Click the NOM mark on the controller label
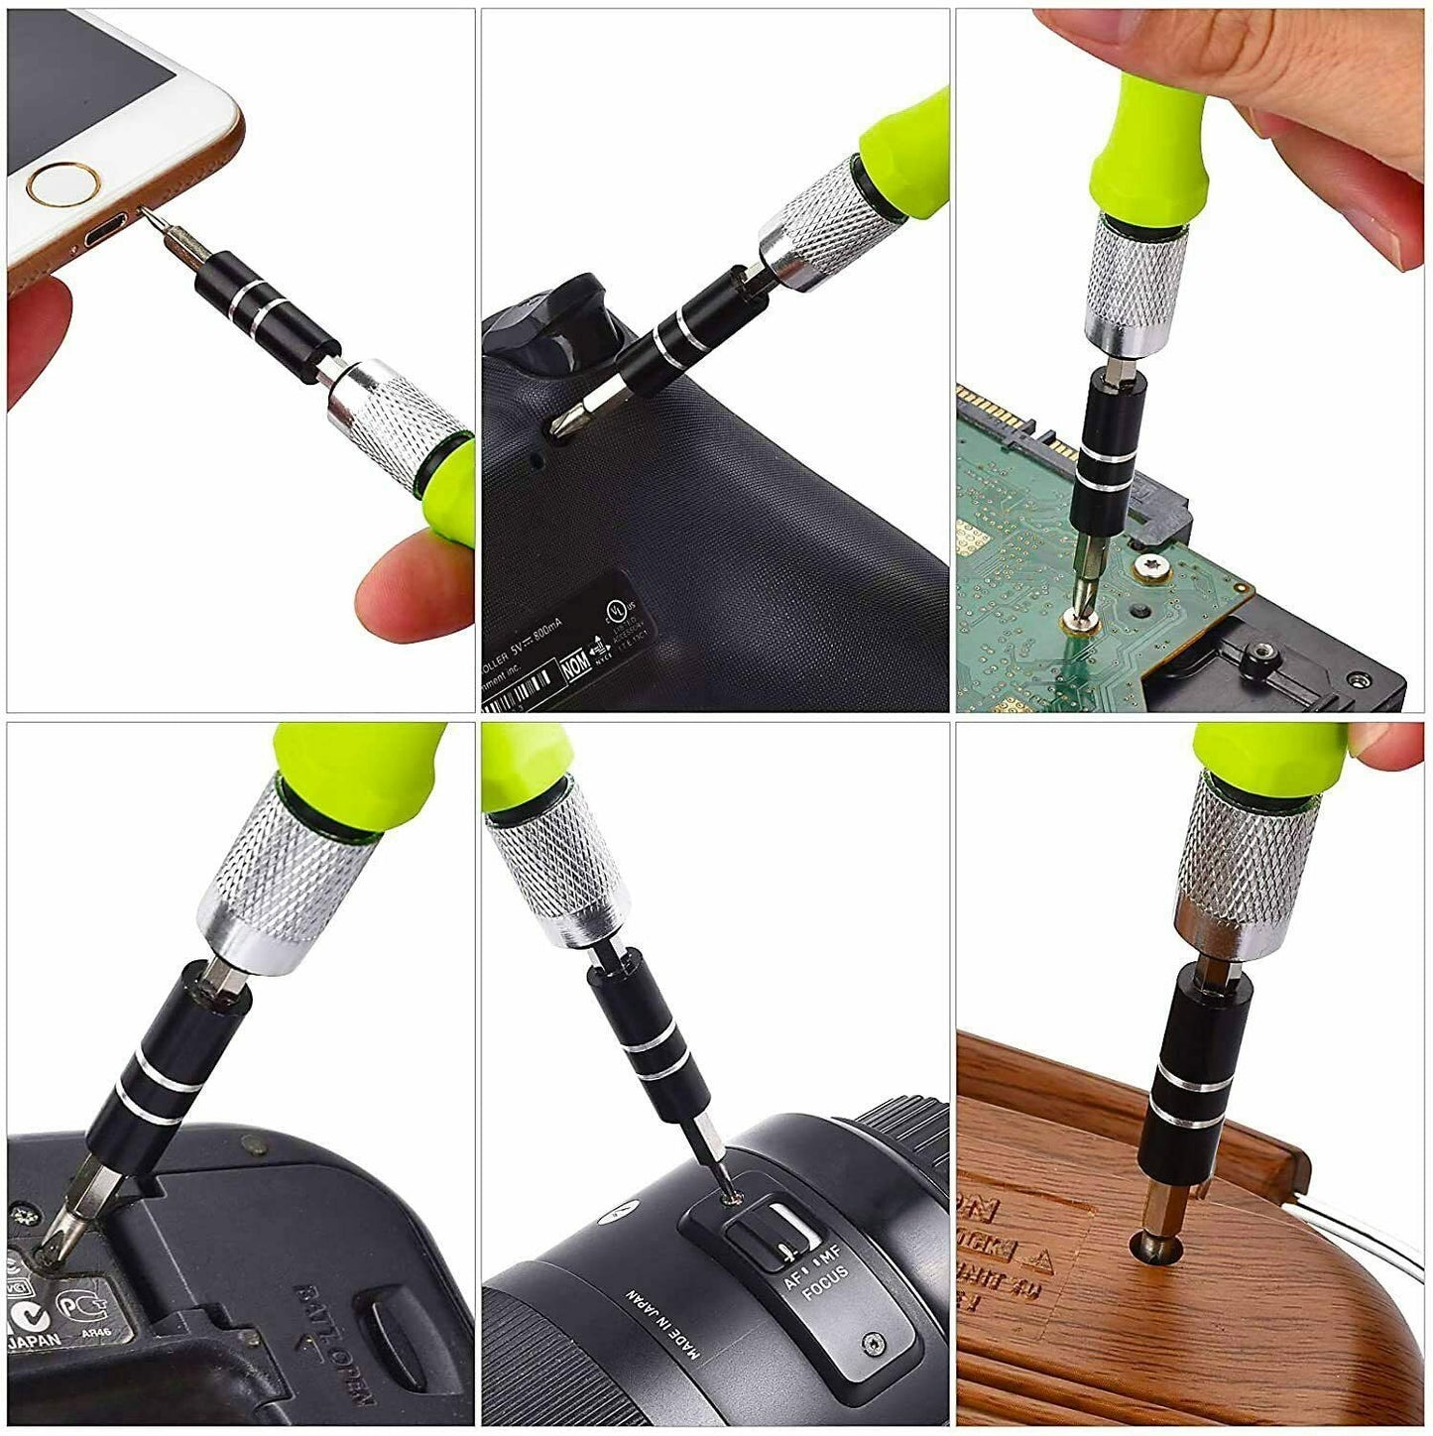(575, 666)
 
